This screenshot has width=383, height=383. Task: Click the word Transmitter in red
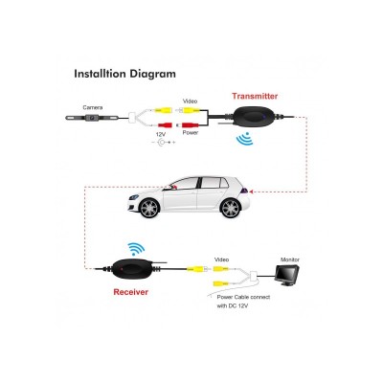pyautogui.click(x=255, y=96)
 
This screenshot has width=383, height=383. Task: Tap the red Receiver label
pyautogui.click(x=131, y=292)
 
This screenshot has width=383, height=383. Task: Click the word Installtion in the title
pyautogui.click(x=100, y=74)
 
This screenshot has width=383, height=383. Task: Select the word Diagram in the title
pyautogui.click(x=152, y=74)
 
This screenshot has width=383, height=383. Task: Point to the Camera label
pyautogui.click(x=93, y=107)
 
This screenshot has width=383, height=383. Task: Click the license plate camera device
pyautogui.click(x=92, y=118)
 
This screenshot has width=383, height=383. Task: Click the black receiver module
pyautogui.click(x=130, y=269)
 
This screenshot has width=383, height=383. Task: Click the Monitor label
pyautogui.click(x=290, y=259)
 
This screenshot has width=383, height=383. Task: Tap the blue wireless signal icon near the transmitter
pyautogui.click(x=244, y=139)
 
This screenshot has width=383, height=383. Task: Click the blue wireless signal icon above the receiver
pyautogui.click(x=136, y=249)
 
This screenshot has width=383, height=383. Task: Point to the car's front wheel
pyautogui.click(x=148, y=208)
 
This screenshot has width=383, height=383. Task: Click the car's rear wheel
pyautogui.click(x=231, y=208)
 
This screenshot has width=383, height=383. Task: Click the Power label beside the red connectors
pyautogui.click(x=191, y=132)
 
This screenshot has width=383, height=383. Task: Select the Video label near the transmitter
pyautogui.click(x=190, y=101)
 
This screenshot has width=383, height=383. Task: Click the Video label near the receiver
pyautogui.click(x=221, y=259)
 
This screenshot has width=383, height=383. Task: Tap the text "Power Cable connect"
pyautogui.click(x=243, y=297)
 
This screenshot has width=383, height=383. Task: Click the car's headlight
pyautogui.click(x=134, y=197)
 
